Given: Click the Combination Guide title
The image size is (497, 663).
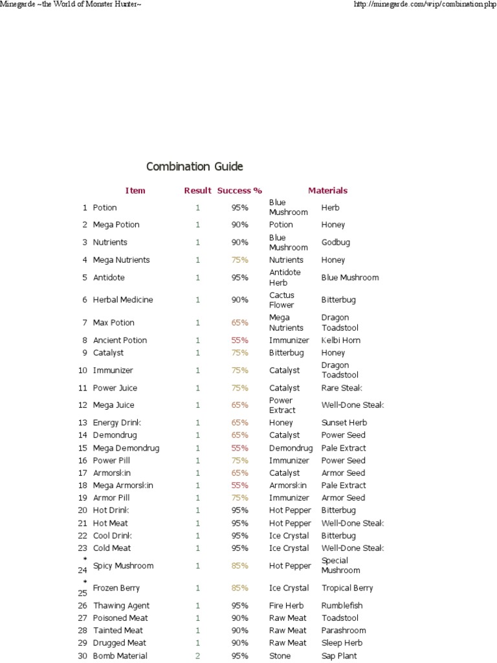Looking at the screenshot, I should [x=194, y=166].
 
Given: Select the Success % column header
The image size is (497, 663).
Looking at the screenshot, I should [x=239, y=190].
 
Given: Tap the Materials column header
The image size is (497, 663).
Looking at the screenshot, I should [x=327, y=190].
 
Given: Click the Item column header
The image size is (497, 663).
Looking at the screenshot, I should [x=135, y=190].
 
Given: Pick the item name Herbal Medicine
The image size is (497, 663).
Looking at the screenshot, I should [x=123, y=300].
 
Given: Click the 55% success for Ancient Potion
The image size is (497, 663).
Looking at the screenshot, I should [x=239, y=340].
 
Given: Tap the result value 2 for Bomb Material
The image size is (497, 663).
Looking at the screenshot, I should [x=198, y=656].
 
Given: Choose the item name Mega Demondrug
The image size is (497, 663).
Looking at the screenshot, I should [x=126, y=448].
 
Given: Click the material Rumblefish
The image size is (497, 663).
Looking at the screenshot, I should [x=342, y=605].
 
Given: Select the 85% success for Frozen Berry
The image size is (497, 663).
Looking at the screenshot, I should [x=239, y=588].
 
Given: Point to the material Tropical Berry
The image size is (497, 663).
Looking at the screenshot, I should [x=348, y=588].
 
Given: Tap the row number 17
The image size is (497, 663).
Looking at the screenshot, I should [x=82, y=473].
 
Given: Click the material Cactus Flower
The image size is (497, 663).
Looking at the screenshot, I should [x=282, y=300].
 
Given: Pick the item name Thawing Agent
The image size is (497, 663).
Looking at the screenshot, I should [x=121, y=605].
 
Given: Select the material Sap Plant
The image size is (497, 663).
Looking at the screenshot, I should [x=339, y=656].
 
